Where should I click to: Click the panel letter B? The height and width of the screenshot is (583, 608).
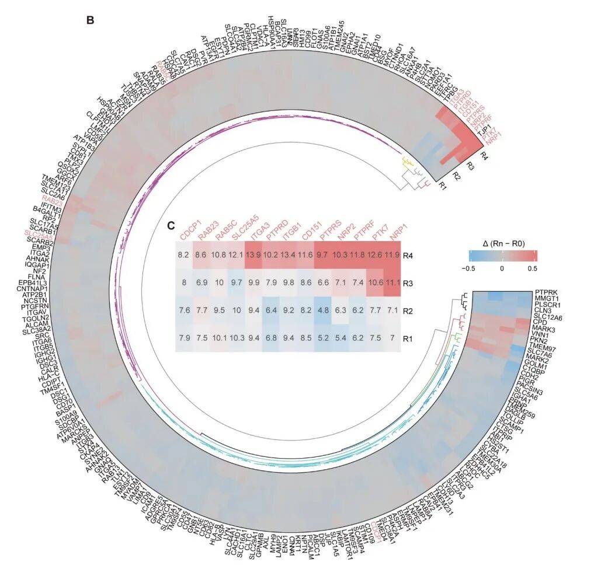[x=90, y=20]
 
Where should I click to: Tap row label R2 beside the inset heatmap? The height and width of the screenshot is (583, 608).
[x=408, y=311]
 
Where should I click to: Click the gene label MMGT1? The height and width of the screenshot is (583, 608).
[x=549, y=299]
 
